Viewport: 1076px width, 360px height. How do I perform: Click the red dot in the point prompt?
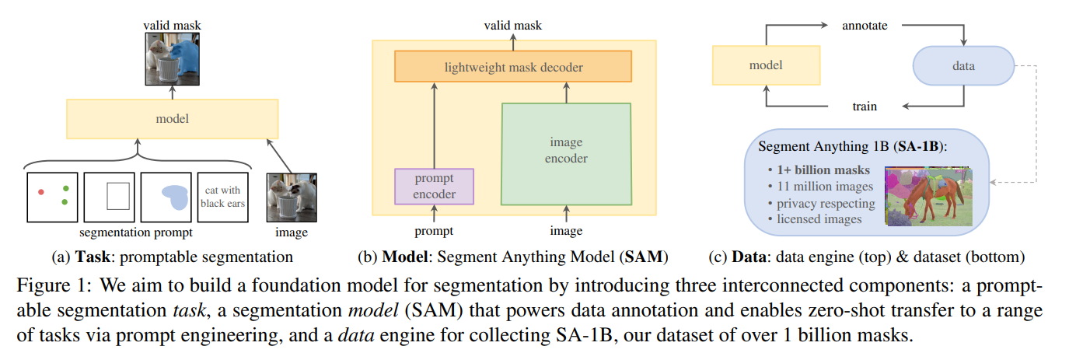tap(40, 190)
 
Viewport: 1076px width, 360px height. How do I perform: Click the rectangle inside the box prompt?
tap(117, 197)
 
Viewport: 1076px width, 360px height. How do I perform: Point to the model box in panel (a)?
tap(172, 119)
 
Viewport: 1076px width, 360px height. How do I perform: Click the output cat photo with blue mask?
tap(172, 59)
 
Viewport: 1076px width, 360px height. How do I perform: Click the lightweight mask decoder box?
tap(514, 68)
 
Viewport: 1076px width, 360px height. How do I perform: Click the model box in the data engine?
tap(766, 66)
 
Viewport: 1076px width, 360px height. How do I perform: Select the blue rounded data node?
tap(963, 66)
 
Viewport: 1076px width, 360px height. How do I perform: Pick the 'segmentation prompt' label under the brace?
tap(137, 232)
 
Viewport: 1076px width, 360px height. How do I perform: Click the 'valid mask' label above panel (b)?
tap(513, 26)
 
